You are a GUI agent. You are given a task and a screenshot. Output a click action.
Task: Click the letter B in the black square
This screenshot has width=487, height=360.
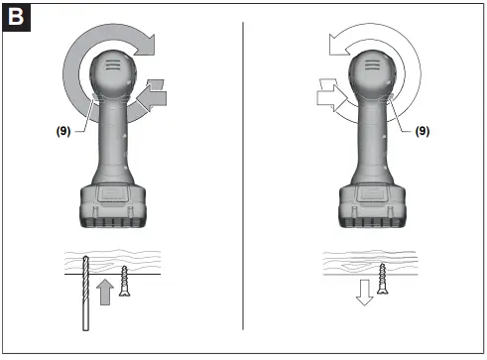pyautogui.click(x=17, y=17)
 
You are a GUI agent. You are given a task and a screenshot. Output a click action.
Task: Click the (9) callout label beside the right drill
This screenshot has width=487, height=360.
pyautogui.click(x=421, y=128)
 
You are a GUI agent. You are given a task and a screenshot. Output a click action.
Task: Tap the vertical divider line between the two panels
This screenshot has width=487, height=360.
pyautogui.click(x=244, y=179)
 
